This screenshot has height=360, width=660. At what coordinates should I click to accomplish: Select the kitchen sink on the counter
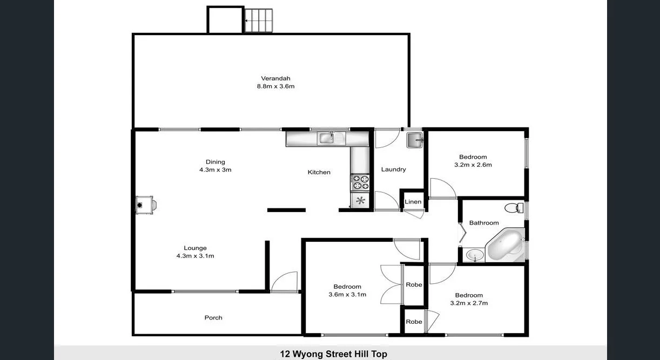(x=327, y=138)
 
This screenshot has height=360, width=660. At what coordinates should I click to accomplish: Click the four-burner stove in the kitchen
(x=360, y=182)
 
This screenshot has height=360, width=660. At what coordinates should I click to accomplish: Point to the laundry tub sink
(x=414, y=139)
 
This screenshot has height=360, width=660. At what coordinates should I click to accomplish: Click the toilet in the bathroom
(x=514, y=207)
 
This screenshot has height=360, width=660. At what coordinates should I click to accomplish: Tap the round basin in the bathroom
(x=474, y=255)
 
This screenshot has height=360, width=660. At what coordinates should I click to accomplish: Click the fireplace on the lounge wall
(x=145, y=205)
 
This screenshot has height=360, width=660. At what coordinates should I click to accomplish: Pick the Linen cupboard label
(x=413, y=202)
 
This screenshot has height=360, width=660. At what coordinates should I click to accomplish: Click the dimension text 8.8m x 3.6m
(x=275, y=86)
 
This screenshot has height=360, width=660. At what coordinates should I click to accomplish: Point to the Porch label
(x=213, y=318)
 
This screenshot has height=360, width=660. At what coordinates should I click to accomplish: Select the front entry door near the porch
(x=285, y=282)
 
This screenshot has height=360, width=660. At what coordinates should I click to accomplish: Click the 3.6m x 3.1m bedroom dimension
(x=347, y=295)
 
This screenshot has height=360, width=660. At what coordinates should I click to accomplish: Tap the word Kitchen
(x=319, y=172)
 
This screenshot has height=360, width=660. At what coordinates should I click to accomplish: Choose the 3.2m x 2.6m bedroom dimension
(x=473, y=165)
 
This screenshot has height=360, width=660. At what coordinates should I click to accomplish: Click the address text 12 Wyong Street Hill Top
(x=333, y=354)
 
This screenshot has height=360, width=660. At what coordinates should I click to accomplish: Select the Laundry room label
(x=393, y=169)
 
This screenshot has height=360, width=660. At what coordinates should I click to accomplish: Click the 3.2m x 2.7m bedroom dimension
(x=469, y=303)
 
